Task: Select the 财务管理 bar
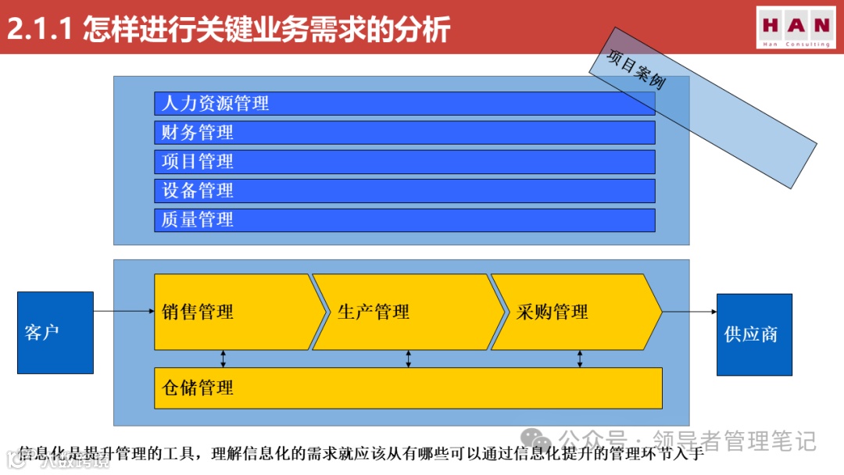click(404, 132)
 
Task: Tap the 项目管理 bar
click(404, 162)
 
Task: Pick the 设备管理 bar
click(404, 191)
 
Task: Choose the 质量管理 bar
click(404, 220)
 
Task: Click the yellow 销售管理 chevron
click(234, 312)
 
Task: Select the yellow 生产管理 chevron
click(406, 312)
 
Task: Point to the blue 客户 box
click(55, 332)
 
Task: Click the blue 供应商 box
click(754, 334)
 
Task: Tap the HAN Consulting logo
click(796, 28)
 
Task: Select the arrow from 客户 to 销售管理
click(123, 312)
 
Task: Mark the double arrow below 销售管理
click(224, 359)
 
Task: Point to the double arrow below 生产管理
click(408, 359)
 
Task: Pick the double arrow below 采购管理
click(580, 359)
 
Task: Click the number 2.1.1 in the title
click(39, 30)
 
